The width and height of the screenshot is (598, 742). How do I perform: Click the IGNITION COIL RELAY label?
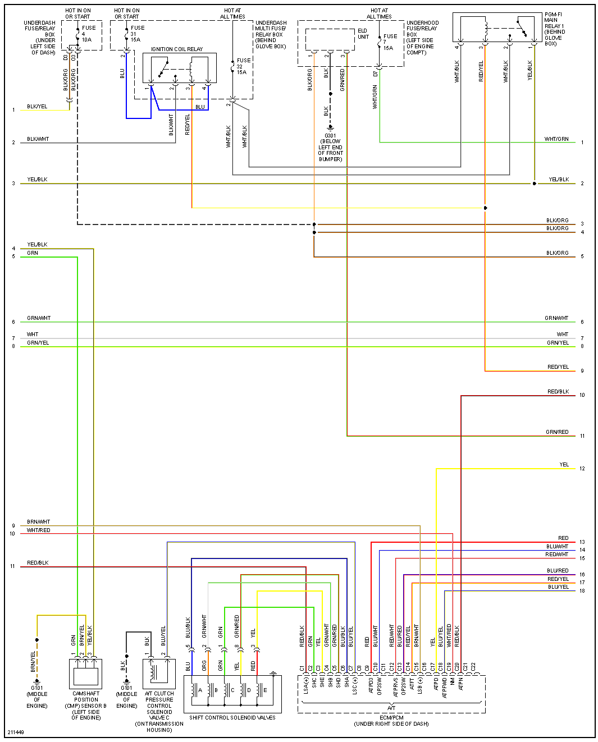point(177,49)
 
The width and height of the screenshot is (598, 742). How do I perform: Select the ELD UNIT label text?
point(363,34)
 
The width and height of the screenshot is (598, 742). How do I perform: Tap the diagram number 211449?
point(16,732)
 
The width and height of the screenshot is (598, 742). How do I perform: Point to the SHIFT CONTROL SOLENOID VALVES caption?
point(232,717)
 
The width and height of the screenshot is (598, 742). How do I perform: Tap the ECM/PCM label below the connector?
point(391,717)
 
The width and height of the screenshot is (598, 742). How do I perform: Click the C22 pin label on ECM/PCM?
point(473,667)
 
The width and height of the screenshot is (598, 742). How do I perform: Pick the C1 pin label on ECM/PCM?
point(302,668)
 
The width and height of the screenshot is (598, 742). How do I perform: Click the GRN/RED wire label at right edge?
point(557,432)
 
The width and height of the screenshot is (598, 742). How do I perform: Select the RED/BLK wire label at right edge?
point(558,392)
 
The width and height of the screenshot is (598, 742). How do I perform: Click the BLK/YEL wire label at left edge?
point(37,107)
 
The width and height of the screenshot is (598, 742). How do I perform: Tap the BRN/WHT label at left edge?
point(38,522)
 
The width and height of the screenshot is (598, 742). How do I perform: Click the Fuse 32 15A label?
point(243,66)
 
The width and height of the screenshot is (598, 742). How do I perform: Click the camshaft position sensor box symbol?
point(86,674)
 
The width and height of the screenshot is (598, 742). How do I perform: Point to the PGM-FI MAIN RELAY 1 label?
point(555,29)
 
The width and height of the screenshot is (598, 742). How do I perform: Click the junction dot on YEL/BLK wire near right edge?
point(535,184)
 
